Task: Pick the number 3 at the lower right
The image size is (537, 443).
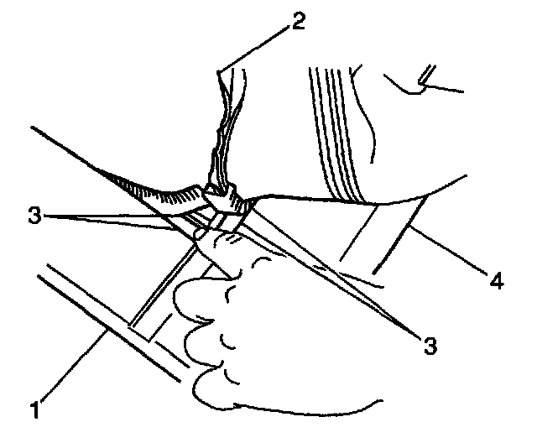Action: [430, 344]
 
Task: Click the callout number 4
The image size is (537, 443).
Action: [498, 281]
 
